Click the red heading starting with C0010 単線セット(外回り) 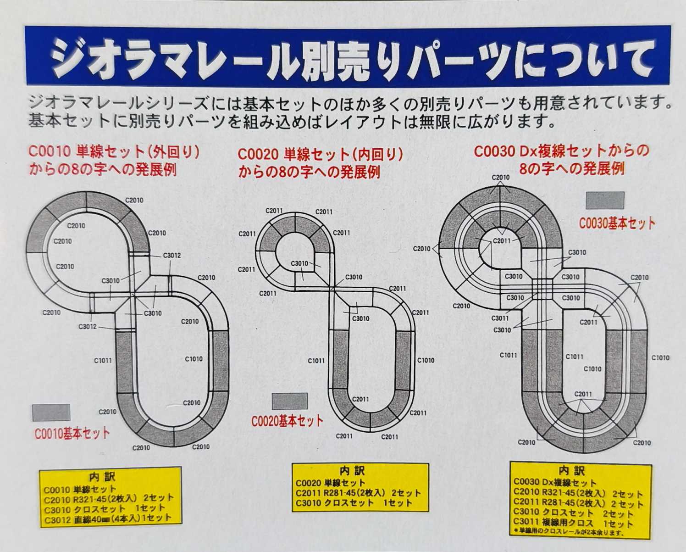[114, 160]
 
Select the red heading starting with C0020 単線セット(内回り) [320, 163]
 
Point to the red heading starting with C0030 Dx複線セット [561, 160]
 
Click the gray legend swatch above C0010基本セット [51, 412]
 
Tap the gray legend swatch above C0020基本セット [290, 401]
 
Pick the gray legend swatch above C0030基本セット [605, 200]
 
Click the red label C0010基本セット [72, 433]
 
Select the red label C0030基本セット [617, 223]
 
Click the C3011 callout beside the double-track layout [500, 318]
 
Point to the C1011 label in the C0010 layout [103, 361]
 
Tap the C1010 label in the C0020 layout [426, 360]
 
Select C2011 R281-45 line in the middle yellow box [358, 493]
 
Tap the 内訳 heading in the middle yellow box [352, 471]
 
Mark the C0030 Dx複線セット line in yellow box [555, 482]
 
